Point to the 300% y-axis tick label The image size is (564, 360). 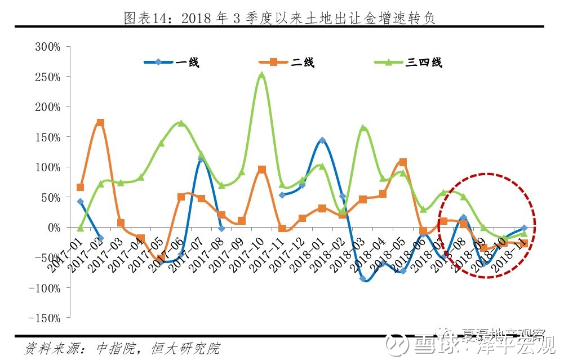point(47,46)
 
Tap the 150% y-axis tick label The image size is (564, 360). point(47,137)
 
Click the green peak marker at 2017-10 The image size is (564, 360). point(261,75)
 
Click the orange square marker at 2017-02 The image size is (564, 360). point(100,122)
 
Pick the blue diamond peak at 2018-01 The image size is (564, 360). point(322,140)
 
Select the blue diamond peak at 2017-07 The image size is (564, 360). point(201,159)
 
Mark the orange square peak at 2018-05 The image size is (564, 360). point(403,162)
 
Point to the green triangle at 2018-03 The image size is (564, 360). point(363,128)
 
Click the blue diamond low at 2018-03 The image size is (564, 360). point(363,278)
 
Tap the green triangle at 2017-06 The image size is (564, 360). point(181,123)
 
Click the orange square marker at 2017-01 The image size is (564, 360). point(80,187)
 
